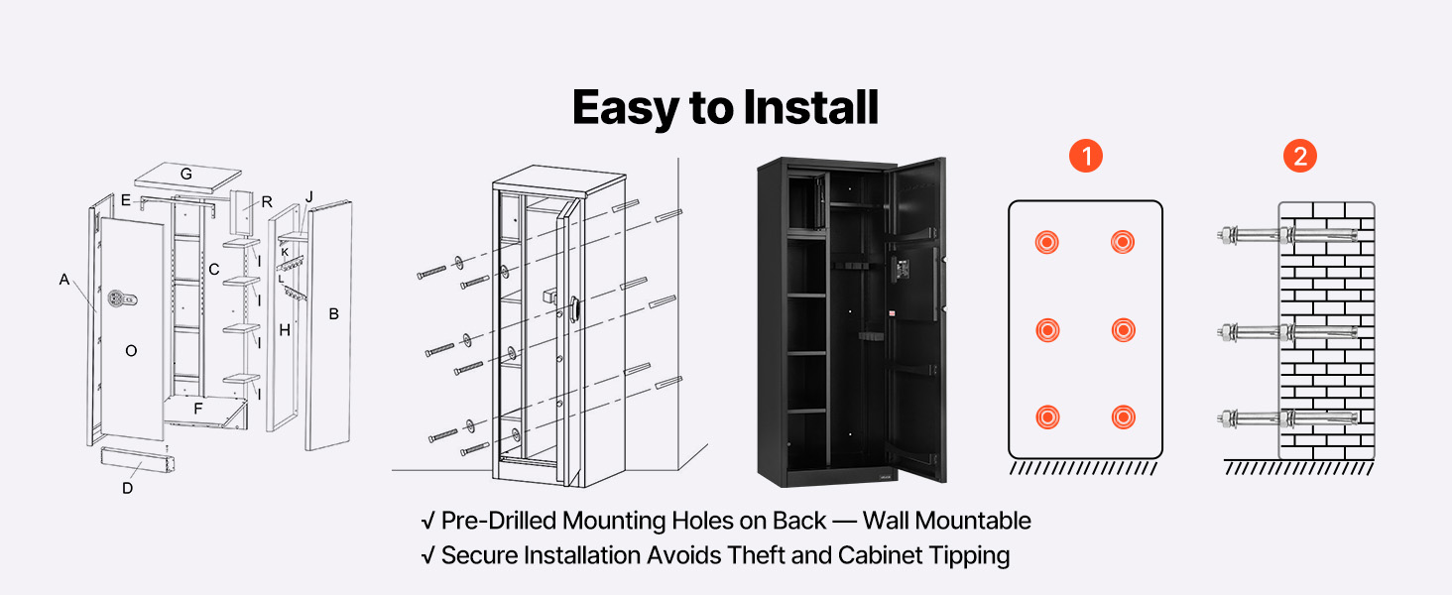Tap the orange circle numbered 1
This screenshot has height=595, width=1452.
pyautogui.click(x=1086, y=156)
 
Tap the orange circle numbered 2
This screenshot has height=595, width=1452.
pyautogui.click(x=1299, y=156)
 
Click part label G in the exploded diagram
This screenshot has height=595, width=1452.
pyautogui.click(x=185, y=174)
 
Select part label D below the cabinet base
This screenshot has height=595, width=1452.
pyautogui.click(x=127, y=488)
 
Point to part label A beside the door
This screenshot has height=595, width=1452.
pyautogui.click(x=64, y=281)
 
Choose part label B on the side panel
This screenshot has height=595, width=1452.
pyautogui.click(x=334, y=314)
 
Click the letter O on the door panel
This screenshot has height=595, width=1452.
pyautogui.click(x=131, y=350)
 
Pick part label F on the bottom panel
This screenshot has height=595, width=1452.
pyautogui.click(x=198, y=408)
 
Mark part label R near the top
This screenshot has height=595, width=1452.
pyautogui.click(x=267, y=201)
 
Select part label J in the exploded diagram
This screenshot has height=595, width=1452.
pyautogui.click(x=309, y=197)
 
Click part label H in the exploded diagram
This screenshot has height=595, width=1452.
pyautogui.click(x=285, y=330)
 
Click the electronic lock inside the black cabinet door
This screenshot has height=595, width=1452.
pyautogui.click(x=902, y=269)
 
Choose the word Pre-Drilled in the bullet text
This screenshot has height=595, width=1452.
pyautogui.click(x=498, y=521)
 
